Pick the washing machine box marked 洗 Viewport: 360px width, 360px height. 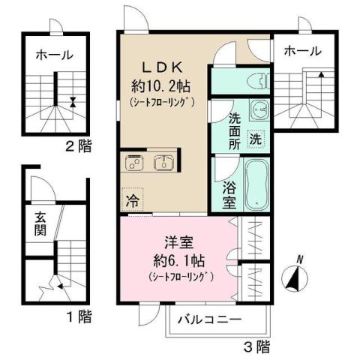pos(255,139)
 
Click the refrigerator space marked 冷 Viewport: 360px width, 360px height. pos(132,200)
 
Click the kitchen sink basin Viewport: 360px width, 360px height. pos(164,162)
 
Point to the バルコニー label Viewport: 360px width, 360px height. pos(209,319)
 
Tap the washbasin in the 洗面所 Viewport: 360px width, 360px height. pos(258,109)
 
